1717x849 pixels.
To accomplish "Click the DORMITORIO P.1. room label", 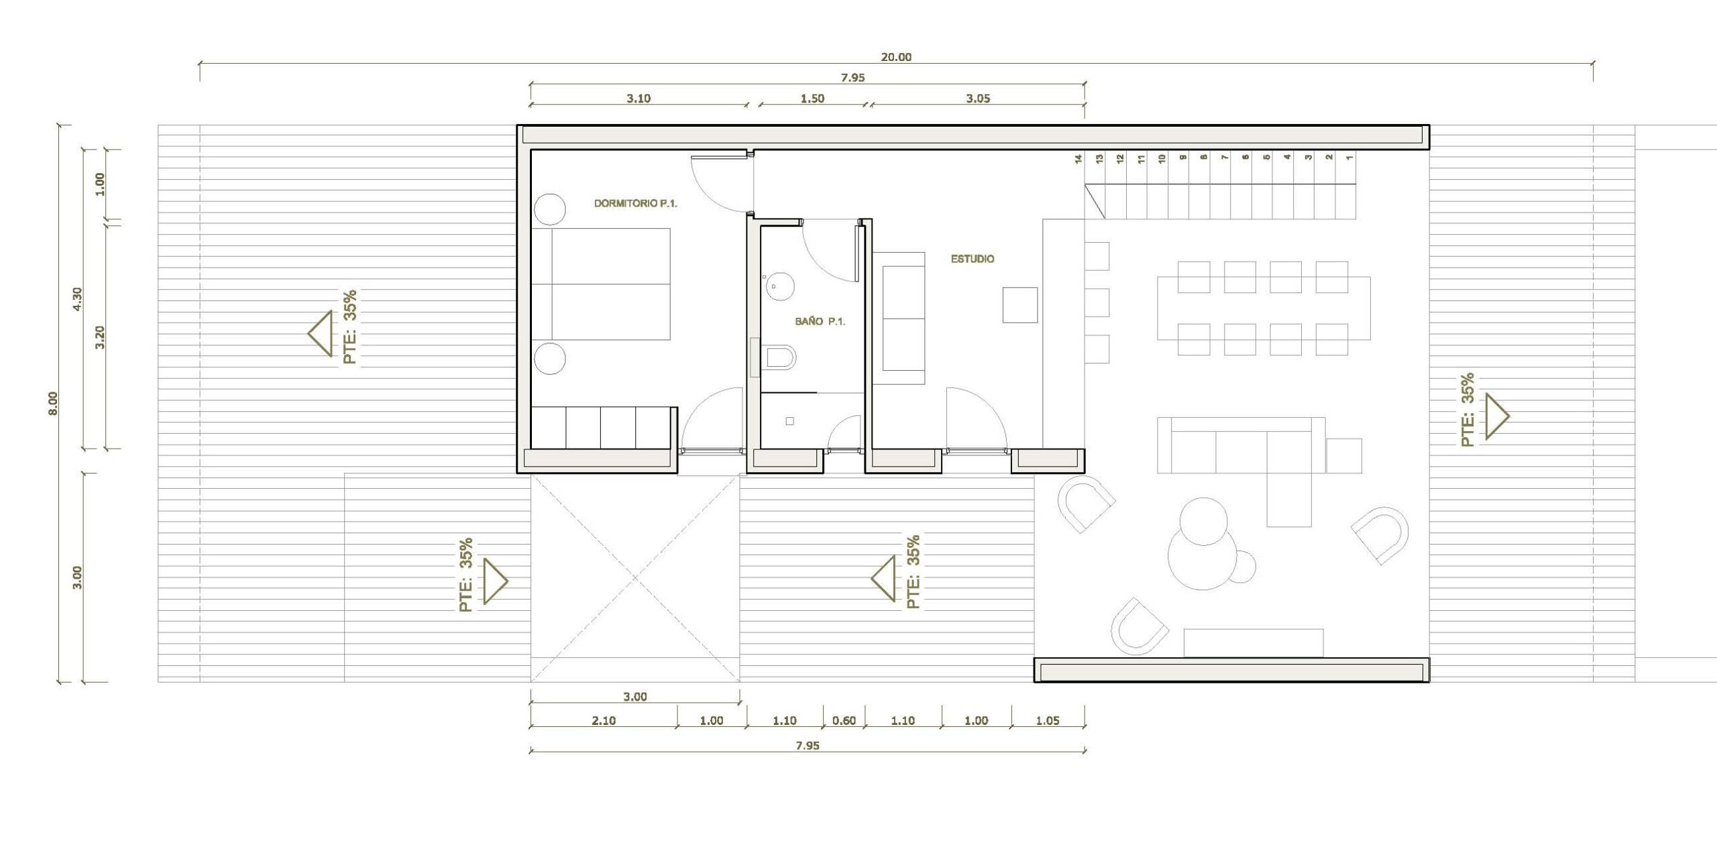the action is click(x=635, y=203).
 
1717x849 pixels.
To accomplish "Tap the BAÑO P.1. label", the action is click(x=820, y=322).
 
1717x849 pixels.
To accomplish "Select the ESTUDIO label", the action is click(x=973, y=259).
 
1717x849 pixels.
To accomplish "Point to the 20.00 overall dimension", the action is click(x=896, y=57).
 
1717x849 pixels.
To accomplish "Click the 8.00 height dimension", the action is click(x=53, y=403).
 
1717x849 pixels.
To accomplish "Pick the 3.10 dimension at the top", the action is click(x=639, y=99).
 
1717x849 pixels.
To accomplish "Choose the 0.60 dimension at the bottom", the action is click(x=844, y=721).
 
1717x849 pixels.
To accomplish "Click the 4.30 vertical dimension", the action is click(x=77, y=298).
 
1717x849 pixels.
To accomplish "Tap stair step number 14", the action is click(x=1078, y=159).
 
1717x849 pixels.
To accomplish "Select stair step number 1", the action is click(x=1349, y=158).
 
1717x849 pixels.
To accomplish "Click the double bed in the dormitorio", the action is click(x=601, y=284).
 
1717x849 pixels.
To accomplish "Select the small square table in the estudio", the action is click(x=1020, y=305).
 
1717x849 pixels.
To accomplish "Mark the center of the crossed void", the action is click(x=635, y=577).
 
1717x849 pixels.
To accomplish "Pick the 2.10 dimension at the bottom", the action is click(x=604, y=721).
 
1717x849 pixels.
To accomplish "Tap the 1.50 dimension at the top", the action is click(x=812, y=99).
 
